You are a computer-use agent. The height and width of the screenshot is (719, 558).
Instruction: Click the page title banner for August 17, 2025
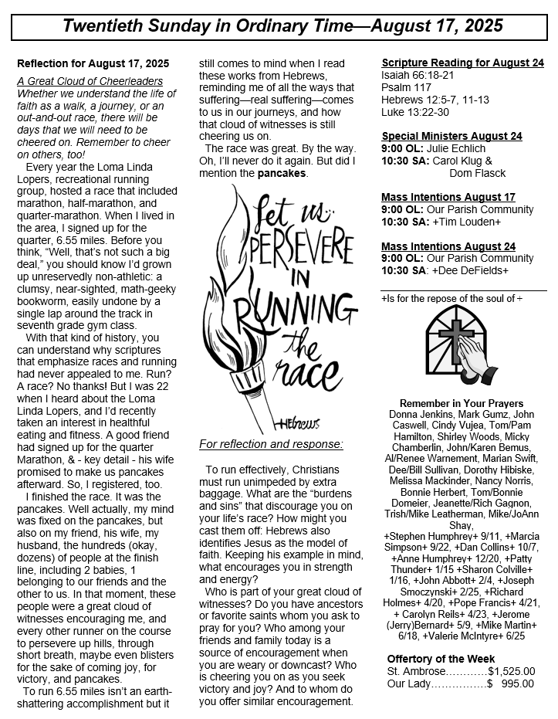pos(282,26)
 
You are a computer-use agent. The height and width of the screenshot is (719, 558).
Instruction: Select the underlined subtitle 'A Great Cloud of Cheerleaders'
pos(90,81)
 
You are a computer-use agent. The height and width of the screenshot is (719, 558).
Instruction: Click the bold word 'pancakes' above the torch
pos(282,173)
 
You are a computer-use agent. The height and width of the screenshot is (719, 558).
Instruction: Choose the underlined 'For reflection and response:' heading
pos(270,444)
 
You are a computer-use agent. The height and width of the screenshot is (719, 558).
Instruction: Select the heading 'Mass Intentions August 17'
pos(448,197)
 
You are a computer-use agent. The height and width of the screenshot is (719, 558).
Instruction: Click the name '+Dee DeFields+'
pos(475,270)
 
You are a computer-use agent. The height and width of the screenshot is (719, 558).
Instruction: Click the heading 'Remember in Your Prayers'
pos(462,403)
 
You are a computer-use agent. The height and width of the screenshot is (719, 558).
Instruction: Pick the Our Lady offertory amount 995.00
pos(516,683)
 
